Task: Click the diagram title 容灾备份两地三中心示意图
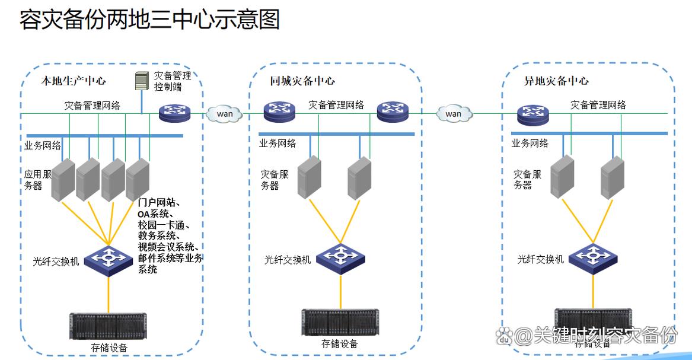(x=149, y=20)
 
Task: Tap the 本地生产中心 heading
(x=74, y=81)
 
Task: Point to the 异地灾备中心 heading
(x=556, y=81)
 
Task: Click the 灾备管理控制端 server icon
(x=141, y=81)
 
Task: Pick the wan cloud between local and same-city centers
(x=225, y=113)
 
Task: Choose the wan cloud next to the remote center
(x=453, y=113)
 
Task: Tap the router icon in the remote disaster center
(x=532, y=113)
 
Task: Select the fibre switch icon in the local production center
(x=109, y=257)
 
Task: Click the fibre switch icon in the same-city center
(x=340, y=256)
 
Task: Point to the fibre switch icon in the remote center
(x=593, y=256)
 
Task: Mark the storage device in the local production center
(x=109, y=326)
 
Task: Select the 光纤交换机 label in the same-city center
(x=288, y=260)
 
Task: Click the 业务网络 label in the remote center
(x=530, y=143)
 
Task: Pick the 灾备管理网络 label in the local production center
(x=93, y=106)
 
